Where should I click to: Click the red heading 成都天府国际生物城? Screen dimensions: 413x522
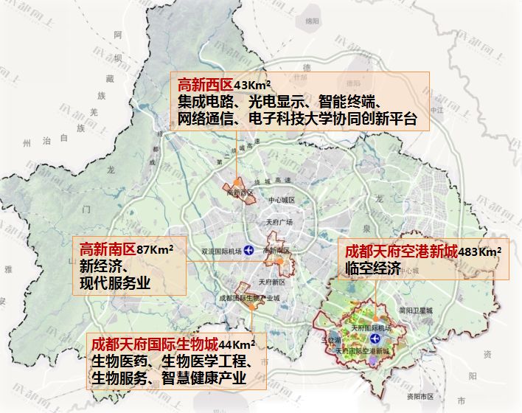tap(153, 344)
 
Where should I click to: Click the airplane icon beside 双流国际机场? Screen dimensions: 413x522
tap(249, 251)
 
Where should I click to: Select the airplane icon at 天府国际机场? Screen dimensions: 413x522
tap(376, 339)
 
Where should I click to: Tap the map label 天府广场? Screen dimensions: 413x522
tap(279, 223)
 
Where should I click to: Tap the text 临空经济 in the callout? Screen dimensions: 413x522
tap(372, 269)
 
